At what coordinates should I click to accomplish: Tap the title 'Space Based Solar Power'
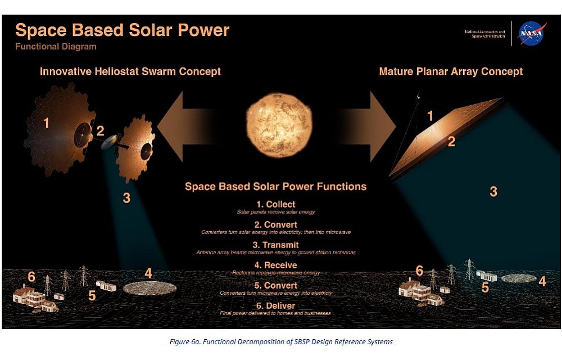122,30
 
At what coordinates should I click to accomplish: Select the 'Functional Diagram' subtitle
56,47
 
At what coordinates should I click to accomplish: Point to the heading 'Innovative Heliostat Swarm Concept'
130,71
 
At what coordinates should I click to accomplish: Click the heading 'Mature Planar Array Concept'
451,71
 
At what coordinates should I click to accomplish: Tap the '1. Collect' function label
275,204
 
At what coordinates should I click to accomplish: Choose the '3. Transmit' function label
275,245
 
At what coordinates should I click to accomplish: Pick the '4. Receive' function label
275,265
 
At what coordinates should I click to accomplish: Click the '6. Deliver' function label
275,305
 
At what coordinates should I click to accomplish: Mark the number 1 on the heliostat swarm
46,121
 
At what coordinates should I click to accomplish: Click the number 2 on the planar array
451,142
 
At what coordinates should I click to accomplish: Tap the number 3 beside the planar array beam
493,191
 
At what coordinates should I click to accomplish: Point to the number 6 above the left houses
31,277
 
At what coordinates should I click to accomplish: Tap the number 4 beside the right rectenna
542,281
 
